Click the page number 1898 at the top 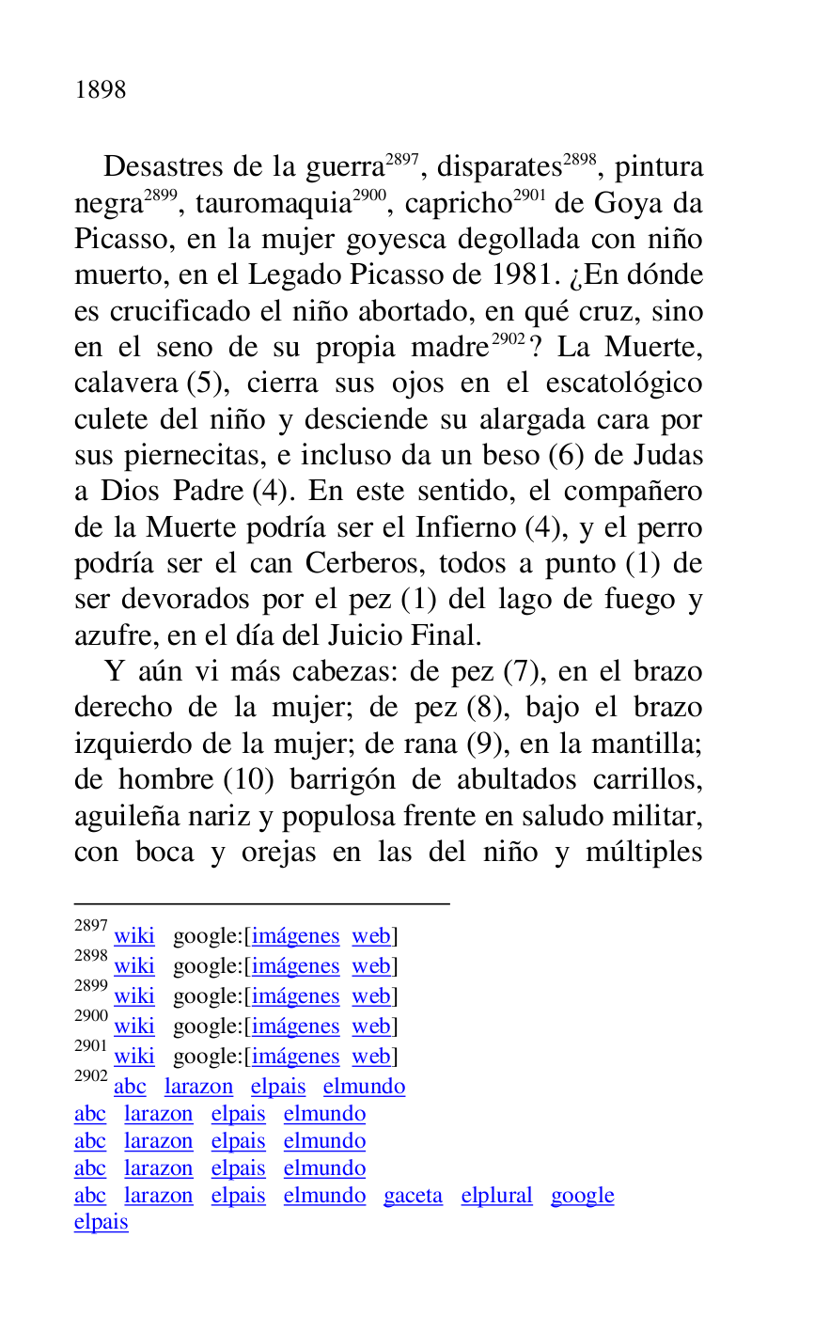click(x=101, y=90)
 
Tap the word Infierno click(x=466, y=528)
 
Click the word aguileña click(x=127, y=816)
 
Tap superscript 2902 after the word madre click(x=508, y=340)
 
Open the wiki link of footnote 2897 click(x=133, y=936)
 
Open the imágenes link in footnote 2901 click(x=295, y=1057)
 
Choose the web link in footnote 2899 click(x=370, y=996)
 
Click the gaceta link click(x=413, y=1196)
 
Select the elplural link click(x=496, y=1196)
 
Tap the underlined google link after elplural click(x=582, y=1196)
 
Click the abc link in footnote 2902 click(x=130, y=1087)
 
